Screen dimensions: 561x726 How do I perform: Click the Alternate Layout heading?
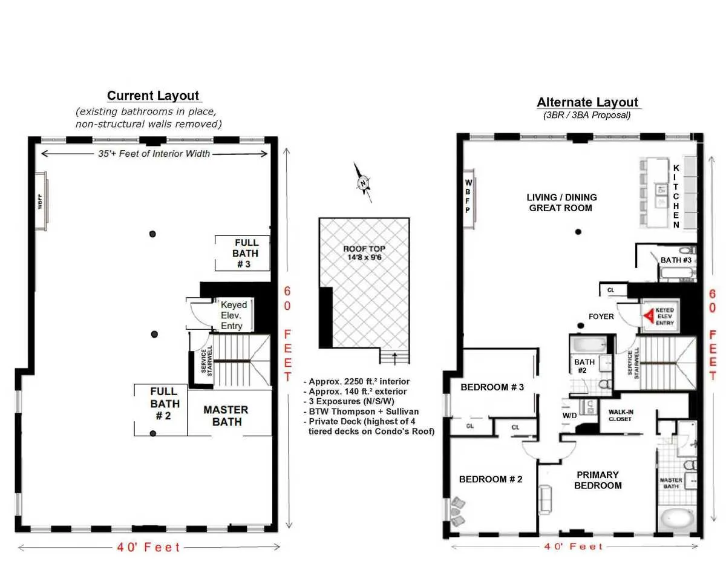click(x=587, y=102)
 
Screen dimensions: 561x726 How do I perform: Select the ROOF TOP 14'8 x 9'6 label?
click(x=364, y=253)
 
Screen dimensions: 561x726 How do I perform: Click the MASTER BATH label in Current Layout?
click(x=226, y=416)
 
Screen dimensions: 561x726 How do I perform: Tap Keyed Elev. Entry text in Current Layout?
click(x=231, y=315)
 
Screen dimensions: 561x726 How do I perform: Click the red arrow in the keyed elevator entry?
click(x=649, y=316)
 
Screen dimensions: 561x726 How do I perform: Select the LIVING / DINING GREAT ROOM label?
click(x=561, y=202)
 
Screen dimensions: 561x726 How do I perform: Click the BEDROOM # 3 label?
click(x=492, y=387)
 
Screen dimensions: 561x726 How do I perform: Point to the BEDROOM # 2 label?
click(x=490, y=479)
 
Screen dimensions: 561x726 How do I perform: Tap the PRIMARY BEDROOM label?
click(x=597, y=480)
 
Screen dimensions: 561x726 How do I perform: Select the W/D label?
click(x=570, y=416)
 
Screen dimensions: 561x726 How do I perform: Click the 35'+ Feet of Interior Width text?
click(x=154, y=154)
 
